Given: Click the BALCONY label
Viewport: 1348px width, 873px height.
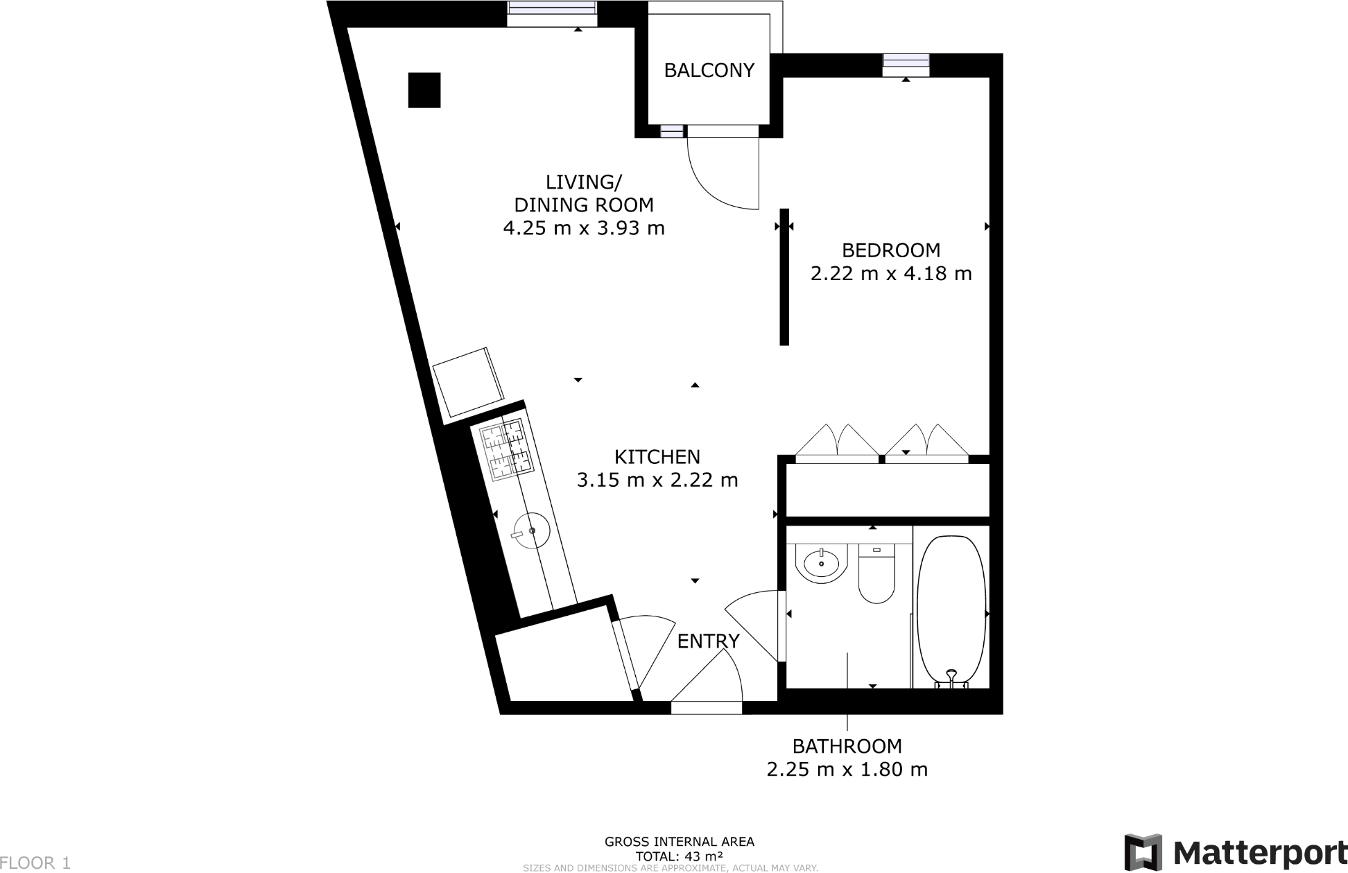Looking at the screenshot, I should pyautogui.click(x=709, y=70).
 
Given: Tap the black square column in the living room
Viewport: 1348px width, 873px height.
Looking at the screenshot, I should pyautogui.click(x=424, y=90).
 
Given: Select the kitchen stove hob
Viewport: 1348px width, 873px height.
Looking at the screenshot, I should pyautogui.click(x=505, y=451).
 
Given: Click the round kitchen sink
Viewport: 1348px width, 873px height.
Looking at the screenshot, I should pyautogui.click(x=531, y=531).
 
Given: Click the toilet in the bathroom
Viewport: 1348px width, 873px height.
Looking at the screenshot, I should pyautogui.click(x=876, y=574).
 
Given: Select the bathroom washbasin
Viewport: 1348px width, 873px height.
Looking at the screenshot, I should pyautogui.click(x=822, y=563).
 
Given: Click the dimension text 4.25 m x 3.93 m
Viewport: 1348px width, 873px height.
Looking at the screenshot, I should pyautogui.click(x=584, y=227).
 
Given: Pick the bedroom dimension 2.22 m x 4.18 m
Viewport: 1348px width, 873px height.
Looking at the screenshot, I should pyautogui.click(x=891, y=273).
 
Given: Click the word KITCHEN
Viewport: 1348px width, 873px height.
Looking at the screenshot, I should pyautogui.click(x=657, y=457).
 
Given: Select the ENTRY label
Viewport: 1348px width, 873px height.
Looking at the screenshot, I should pyautogui.click(x=708, y=641).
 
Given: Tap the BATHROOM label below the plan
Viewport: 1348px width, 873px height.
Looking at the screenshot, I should pyautogui.click(x=847, y=746).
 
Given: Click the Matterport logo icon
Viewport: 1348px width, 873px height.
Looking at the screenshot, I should pyautogui.click(x=1143, y=851).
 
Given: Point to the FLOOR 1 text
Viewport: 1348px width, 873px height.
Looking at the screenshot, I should pyautogui.click(x=35, y=863).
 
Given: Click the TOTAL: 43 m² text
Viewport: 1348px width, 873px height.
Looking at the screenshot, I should pyautogui.click(x=679, y=856).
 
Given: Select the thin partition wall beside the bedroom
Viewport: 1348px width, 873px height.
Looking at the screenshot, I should pyautogui.click(x=784, y=277).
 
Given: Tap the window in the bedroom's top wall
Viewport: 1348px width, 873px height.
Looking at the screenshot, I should pyautogui.click(x=906, y=64).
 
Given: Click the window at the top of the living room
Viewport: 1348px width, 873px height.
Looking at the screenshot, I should pyautogui.click(x=552, y=12).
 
